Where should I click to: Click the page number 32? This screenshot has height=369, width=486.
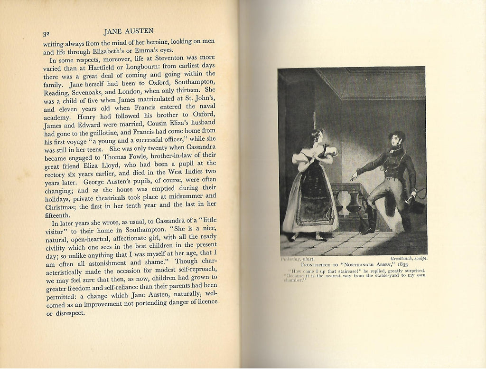[x=47, y=34]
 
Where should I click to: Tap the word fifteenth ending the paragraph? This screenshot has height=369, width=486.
[x=59, y=214]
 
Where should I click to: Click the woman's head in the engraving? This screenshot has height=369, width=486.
[x=316, y=137]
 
